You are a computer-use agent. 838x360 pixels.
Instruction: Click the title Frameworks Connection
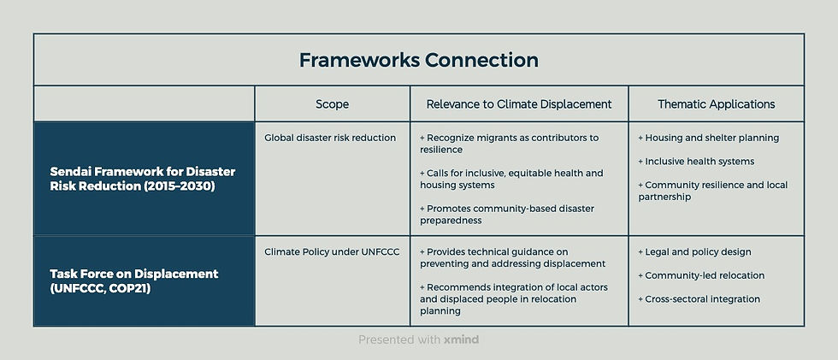[418, 61]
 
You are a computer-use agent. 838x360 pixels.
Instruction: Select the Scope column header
[332, 104]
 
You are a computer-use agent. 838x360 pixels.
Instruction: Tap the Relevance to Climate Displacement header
[519, 104]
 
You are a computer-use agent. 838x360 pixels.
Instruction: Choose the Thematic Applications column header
[716, 104]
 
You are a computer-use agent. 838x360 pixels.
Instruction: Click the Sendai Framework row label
[143, 179]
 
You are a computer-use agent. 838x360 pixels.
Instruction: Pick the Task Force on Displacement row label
[134, 280]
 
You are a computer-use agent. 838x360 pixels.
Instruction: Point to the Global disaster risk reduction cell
[329, 138]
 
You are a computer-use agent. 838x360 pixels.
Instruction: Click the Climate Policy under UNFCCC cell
[332, 252]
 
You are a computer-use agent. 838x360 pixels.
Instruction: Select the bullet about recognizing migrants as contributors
[510, 144]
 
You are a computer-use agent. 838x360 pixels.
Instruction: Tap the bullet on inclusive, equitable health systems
[511, 179]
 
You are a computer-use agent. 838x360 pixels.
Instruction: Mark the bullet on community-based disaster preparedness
[507, 214]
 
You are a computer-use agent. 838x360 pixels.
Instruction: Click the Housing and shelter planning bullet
[709, 138]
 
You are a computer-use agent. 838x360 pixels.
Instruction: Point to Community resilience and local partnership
[712, 191]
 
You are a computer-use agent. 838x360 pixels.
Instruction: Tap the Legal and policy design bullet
[695, 252]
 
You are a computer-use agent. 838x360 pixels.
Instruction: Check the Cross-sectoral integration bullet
[699, 299]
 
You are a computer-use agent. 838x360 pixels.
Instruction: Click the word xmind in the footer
[462, 339]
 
